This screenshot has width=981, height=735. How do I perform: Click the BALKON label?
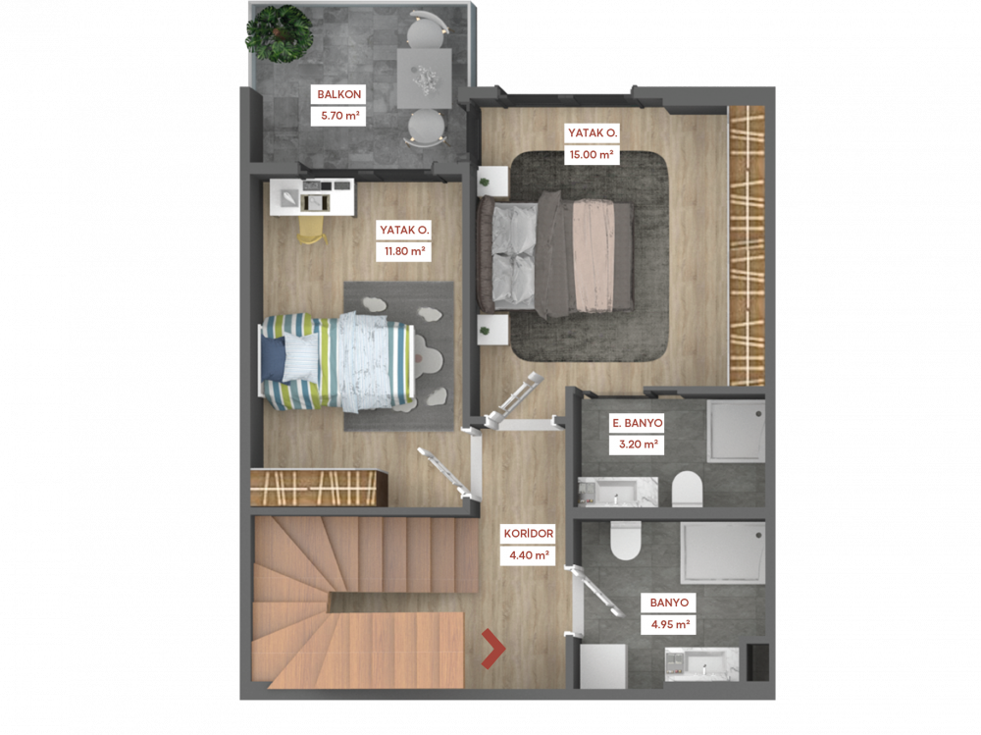[339, 94]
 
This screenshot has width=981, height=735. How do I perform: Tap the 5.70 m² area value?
[339, 116]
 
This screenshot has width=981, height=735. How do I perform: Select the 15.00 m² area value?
[591, 154]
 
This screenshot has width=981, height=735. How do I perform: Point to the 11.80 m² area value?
[405, 251]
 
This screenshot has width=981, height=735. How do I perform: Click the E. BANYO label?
[638, 423]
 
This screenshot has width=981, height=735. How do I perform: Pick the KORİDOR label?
[529, 534]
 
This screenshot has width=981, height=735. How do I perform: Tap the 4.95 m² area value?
[670, 624]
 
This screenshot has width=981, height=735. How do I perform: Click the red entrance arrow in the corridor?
[493, 650]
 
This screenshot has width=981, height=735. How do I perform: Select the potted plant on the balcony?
[279, 33]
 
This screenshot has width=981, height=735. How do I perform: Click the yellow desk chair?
[313, 230]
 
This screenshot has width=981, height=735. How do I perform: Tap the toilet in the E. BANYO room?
[687, 489]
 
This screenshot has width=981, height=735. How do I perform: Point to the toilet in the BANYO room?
[626, 541]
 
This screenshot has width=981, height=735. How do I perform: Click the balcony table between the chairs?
[424, 79]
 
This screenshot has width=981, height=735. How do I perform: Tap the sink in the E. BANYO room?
[617, 492]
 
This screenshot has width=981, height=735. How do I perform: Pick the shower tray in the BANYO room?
[723, 553]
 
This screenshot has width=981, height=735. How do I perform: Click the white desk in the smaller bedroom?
[312, 197]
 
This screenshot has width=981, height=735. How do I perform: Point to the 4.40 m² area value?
[529, 555]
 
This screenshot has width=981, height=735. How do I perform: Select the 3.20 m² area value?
[638, 445]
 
